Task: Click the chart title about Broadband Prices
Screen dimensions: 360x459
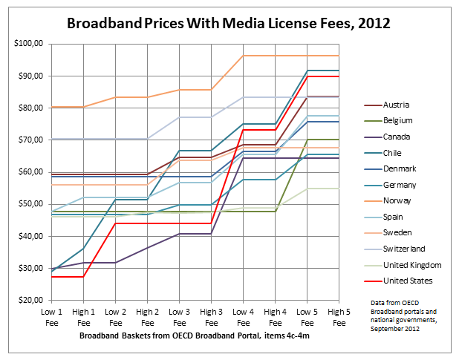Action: tap(229, 23)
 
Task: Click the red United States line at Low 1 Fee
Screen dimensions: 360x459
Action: tap(52, 277)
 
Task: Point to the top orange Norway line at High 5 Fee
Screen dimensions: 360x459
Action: tap(339, 56)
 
